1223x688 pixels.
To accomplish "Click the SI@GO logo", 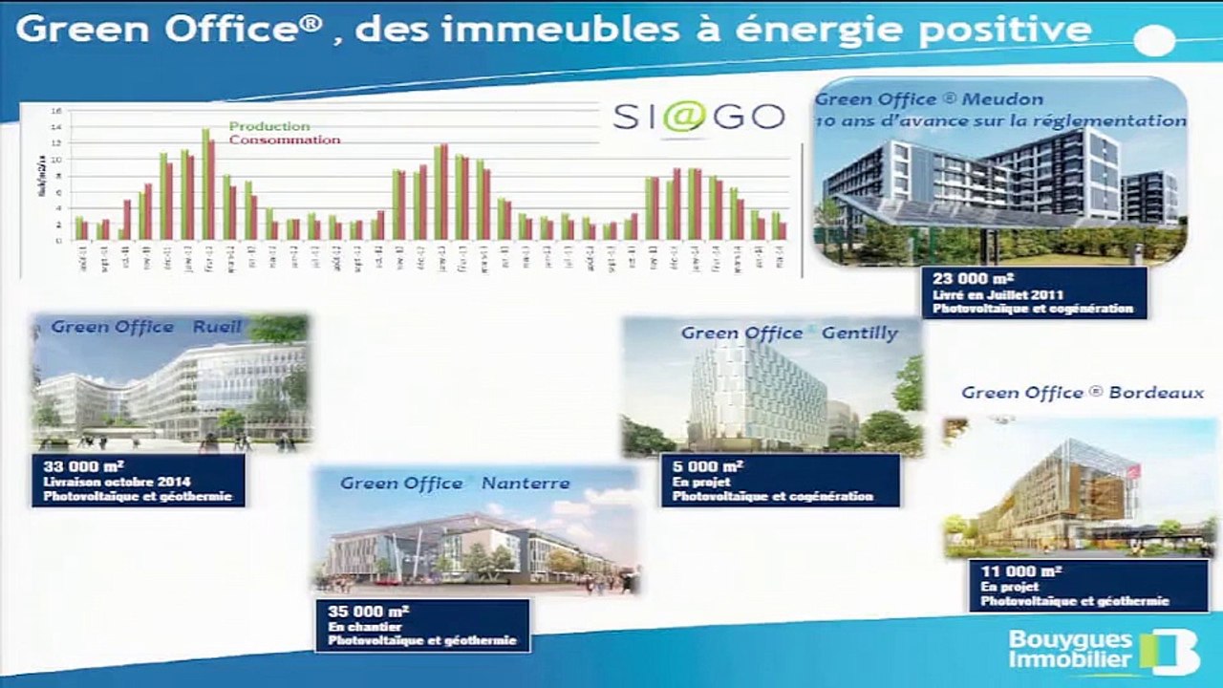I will (697, 117).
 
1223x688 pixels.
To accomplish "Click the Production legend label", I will (269, 126).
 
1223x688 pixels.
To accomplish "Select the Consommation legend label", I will (285, 140).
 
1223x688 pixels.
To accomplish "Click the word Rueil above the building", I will (218, 327).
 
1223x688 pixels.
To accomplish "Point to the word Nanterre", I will (526, 484).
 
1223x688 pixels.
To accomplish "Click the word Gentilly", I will (860, 333).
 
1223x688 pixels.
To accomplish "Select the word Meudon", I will (1002, 99).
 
